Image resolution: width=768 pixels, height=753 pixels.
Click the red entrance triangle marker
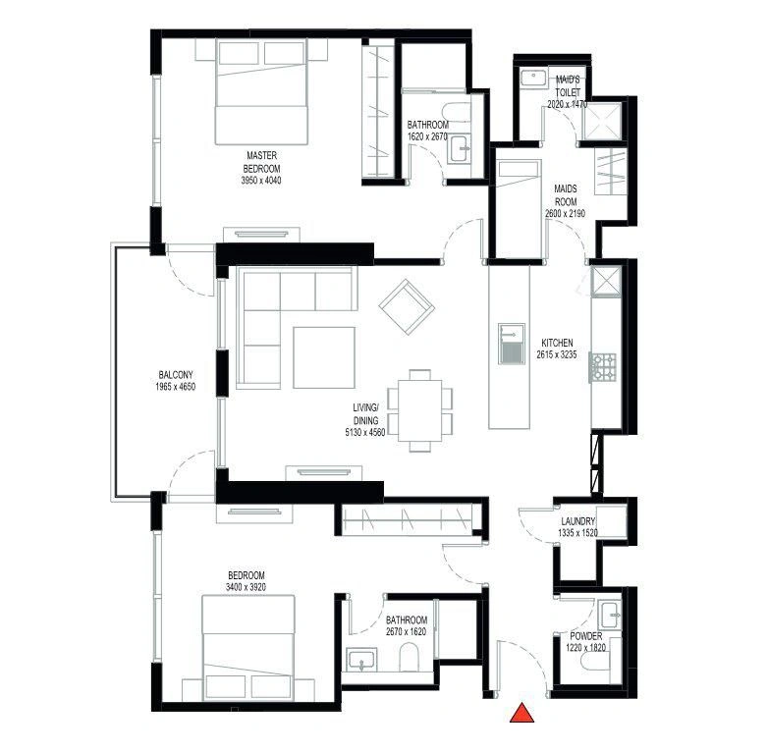coord(521,714)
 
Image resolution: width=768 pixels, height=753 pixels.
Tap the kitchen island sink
coord(512,344)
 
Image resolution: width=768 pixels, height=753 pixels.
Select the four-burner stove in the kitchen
coord(603,368)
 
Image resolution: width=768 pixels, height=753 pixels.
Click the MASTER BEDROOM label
coord(261,162)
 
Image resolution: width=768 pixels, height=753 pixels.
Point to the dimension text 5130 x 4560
coord(365,432)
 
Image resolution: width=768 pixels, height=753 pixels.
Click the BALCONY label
coord(176,375)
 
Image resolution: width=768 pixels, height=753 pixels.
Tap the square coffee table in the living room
coord(324,357)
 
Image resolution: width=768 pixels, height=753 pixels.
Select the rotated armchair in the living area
coord(407,307)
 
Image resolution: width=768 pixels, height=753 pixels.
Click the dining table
coord(419,410)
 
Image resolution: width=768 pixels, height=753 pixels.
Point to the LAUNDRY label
coord(577,521)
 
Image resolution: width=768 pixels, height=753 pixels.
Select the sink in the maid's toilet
coord(533,80)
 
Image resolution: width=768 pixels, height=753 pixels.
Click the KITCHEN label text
coord(557,343)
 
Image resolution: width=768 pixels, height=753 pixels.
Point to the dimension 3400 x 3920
coord(246,587)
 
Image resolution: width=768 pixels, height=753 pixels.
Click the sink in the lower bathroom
coord(361,660)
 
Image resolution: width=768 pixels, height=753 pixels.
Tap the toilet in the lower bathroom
coord(409,657)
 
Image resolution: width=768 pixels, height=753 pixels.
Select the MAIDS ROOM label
coord(566,194)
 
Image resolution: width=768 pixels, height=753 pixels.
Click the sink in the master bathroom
coord(460,147)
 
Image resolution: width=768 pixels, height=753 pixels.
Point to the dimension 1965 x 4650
coord(176,387)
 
